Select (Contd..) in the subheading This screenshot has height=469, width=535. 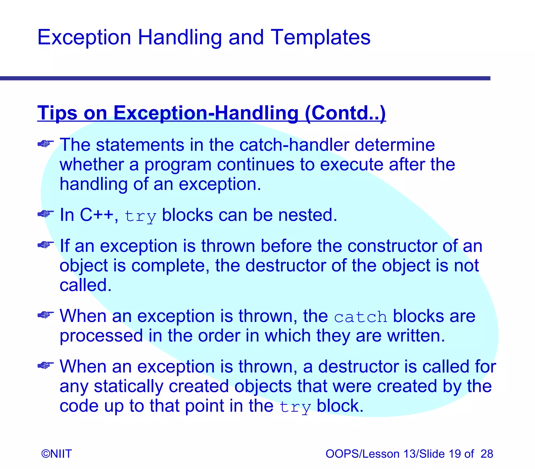tap(345, 113)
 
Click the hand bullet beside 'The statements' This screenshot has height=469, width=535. tap(45, 144)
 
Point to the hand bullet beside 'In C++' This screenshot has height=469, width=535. tap(45, 214)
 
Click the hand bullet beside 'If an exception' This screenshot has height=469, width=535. tap(45, 245)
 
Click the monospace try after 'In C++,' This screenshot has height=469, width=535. tap(140, 216)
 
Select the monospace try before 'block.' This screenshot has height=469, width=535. tap(295, 407)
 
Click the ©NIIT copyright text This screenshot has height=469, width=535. tap(56, 454)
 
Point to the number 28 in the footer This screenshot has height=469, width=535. tap(487, 454)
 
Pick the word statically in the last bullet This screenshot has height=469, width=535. tap(129, 386)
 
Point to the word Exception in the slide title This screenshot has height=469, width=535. tap(84, 37)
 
